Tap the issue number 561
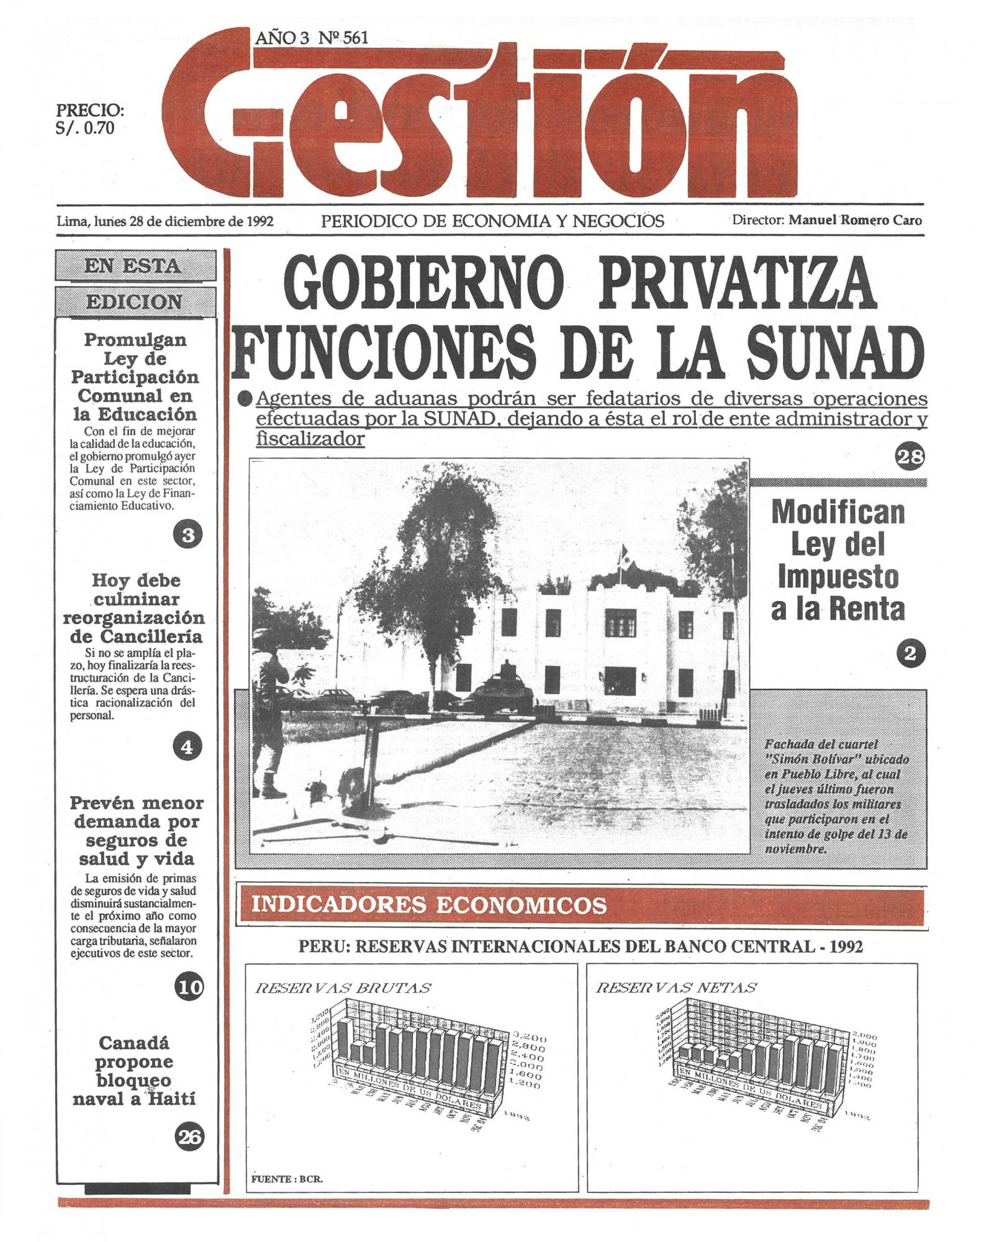355,38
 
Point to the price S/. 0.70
85,129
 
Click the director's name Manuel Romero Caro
855,220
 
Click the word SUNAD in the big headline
834,351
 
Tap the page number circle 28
909,457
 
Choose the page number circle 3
188,535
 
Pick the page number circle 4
188,747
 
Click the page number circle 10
189,987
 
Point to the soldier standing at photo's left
271,720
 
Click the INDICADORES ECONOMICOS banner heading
428,905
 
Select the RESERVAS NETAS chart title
676,987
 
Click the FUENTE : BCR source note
287,1179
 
